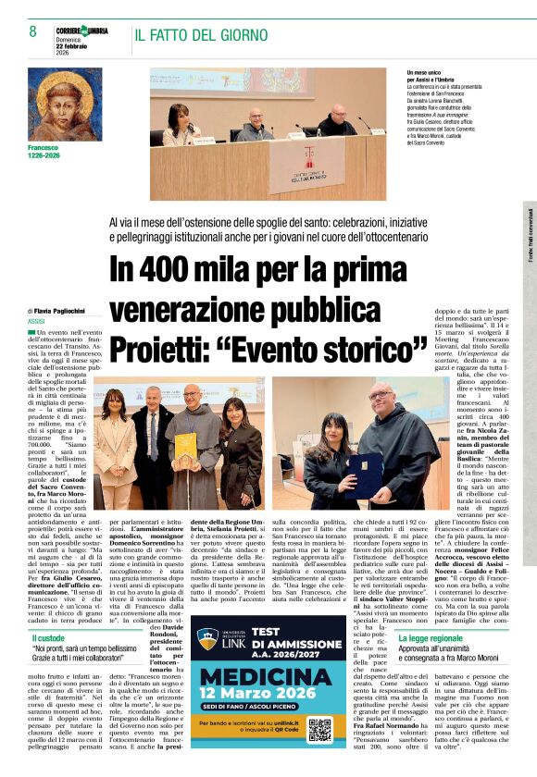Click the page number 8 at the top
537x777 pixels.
pos(33,32)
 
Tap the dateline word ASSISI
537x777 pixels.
pos(37,321)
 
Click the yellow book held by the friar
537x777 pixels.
pos(186,450)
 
